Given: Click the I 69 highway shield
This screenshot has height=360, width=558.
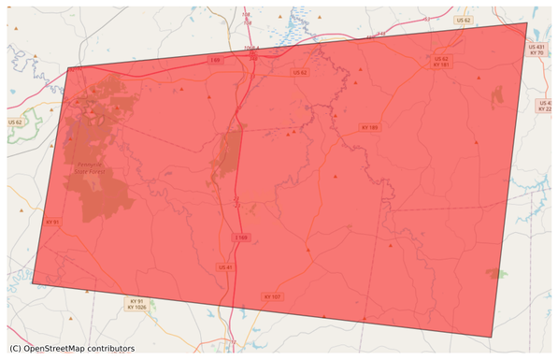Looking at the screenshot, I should pyautogui.click(x=214, y=60).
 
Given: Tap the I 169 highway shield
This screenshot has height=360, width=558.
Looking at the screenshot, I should pyautogui.click(x=240, y=238).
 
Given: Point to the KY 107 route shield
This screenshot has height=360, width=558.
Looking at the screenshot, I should pyautogui.click(x=271, y=296).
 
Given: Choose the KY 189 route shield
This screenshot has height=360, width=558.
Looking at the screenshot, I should pyautogui.click(x=369, y=127).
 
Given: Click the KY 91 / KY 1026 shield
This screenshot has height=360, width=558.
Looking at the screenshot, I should pyautogui.click(x=136, y=305).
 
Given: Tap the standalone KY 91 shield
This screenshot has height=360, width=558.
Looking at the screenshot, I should pyautogui.click(x=51, y=223).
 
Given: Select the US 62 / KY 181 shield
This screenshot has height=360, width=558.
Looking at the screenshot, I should pyautogui.click(x=442, y=62).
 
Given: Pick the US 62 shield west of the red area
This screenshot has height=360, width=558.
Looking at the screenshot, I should pyautogui.click(x=14, y=122).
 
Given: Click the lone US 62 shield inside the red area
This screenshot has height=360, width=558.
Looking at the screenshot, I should pyautogui.click(x=299, y=72).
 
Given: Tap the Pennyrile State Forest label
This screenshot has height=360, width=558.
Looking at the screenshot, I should pyautogui.click(x=93, y=168).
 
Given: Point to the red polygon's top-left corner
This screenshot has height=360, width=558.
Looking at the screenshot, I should pyautogui.click(x=69, y=67).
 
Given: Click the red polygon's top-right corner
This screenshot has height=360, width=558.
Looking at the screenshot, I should pyautogui.click(x=527, y=22).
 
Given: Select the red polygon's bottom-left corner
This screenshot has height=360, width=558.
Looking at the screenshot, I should pyautogui.click(x=33, y=282).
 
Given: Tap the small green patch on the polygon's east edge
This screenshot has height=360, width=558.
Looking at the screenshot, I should pyautogui.click(x=494, y=273).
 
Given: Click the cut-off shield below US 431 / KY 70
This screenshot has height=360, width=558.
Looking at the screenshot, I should pyautogui.click(x=546, y=106).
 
